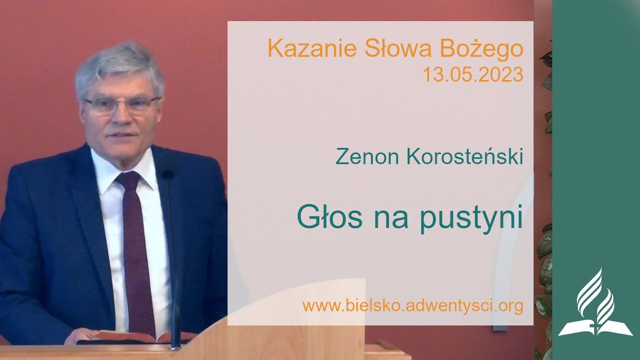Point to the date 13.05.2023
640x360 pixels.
(472, 75)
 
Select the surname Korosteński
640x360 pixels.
(466, 156)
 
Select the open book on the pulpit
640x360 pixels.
(135, 337)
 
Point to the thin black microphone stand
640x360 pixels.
(172, 260)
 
